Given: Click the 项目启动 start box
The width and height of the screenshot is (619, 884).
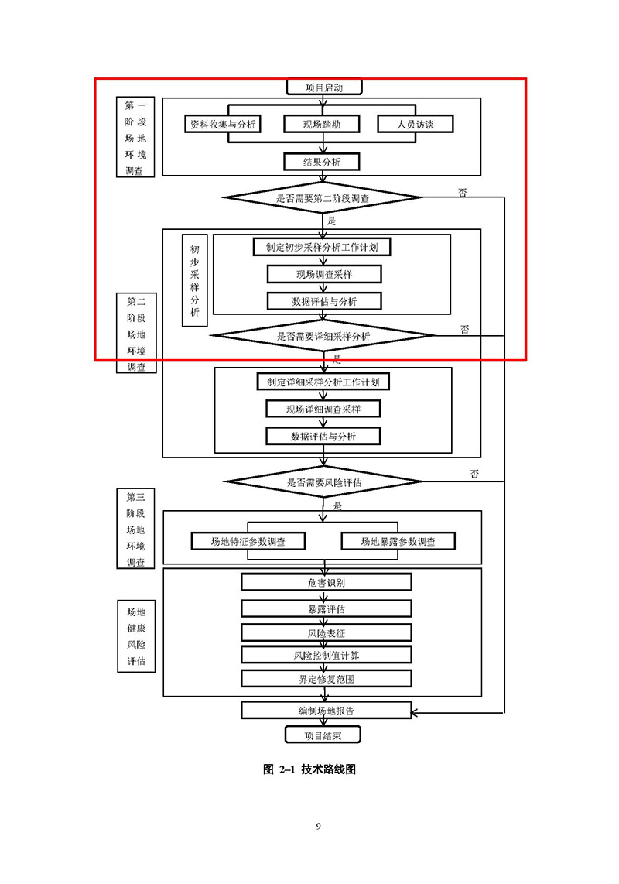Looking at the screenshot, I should coord(323,87).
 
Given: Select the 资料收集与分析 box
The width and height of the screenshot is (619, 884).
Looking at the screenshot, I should coord(223,124).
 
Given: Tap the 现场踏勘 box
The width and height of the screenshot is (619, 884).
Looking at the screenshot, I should coord(322,124).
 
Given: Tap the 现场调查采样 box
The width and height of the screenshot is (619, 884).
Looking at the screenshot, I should coord(324,274).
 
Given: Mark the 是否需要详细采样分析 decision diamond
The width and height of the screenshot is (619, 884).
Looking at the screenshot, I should coord(323,336).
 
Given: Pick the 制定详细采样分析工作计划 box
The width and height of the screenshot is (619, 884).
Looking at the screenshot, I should coord(323,382).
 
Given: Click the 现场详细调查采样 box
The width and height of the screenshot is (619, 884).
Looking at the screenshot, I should coord(323,409).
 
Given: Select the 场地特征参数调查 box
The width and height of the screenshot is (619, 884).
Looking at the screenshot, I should coord(248,541).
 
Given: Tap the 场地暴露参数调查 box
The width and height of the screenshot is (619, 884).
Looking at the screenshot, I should coord(398,541).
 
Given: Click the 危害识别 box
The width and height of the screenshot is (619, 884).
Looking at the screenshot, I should coord(326,582).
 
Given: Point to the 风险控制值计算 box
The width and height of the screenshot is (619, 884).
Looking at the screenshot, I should coord(326,655).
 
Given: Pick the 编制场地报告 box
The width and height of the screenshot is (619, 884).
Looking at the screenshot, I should coord(326,710).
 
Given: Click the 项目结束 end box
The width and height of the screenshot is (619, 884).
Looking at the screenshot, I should coord(323,735).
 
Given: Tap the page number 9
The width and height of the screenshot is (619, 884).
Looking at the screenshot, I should coord(318,826).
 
